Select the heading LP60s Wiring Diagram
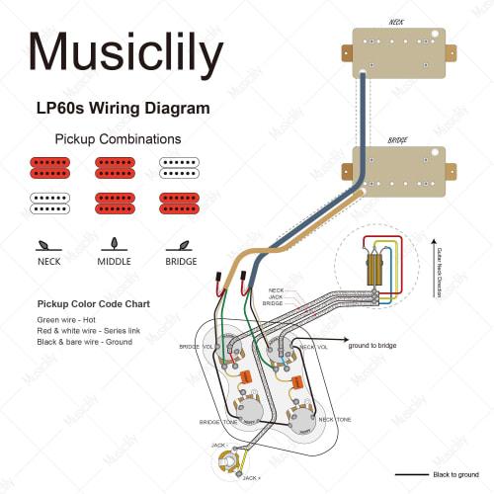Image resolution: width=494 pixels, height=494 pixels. [123, 109]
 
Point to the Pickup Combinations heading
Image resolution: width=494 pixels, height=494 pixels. [118, 139]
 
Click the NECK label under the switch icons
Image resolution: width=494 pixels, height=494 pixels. [48, 262]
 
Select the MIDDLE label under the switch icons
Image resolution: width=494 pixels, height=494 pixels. [114, 262]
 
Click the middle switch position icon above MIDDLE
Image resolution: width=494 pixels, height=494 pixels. [114, 243]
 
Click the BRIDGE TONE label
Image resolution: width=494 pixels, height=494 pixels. [218, 422]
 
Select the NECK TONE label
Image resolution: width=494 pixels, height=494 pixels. [337, 419]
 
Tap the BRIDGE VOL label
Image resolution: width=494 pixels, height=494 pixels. [196, 347]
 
